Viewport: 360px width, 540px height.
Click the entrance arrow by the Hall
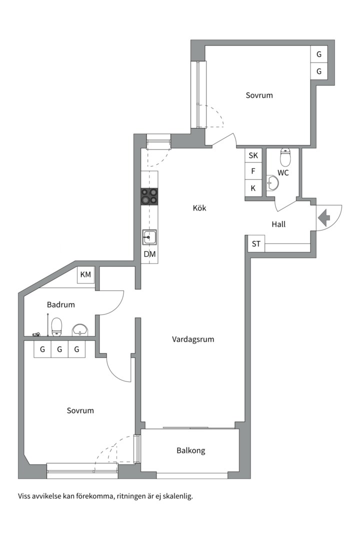point(324,217)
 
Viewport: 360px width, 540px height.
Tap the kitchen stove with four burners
point(149,196)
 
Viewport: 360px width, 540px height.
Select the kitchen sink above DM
point(149,237)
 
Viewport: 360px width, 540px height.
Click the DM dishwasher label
point(149,254)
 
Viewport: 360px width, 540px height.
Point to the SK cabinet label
point(253,155)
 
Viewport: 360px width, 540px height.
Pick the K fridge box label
point(253,188)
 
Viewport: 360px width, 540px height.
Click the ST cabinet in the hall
point(256,244)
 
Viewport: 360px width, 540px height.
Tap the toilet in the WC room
point(285,157)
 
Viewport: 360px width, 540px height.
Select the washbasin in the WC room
point(272,182)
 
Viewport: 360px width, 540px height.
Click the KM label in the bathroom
point(85,274)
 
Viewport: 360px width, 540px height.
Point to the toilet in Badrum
point(56,327)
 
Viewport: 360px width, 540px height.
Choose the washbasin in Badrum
point(80,330)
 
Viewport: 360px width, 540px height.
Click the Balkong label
point(191,450)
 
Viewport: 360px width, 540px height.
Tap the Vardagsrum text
point(193,339)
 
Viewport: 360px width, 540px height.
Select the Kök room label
point(199,208)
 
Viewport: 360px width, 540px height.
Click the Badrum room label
point(60,304)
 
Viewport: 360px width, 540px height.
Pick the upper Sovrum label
point(259,95)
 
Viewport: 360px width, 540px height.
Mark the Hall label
point(278,224)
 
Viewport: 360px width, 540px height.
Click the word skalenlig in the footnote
point(178,496)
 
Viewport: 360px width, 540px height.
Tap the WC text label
point(283,173)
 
